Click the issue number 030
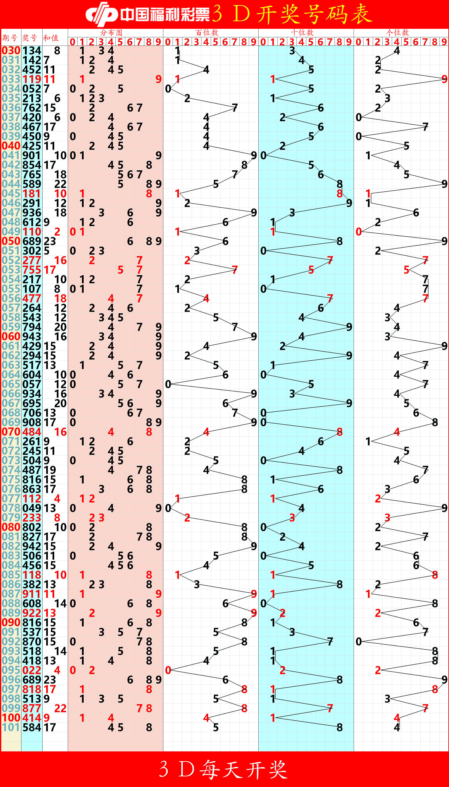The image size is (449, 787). pyautogui.click(x=11, y=51)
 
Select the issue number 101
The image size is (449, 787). pyautogui.click(x=11, y=727)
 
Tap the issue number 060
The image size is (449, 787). pyautogui.click(x=11, y=336)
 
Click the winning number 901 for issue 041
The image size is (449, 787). pyautogui.click(x=32, y=155)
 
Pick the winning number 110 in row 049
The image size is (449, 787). pyautogui.click(x=32, y=232)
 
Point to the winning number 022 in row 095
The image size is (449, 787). pyautogui.click(x=32, y=670)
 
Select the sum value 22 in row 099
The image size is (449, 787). pyautogui.click(x=60, y=708)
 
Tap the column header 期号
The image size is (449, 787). pyautogui.click(x=10, y=38)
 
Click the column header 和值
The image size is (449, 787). pyautogui.click(x=51, y=38)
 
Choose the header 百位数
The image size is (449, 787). pyautogui.click(x=207, y=32)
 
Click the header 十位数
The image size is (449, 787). pyautogui.click(x=302, y=32)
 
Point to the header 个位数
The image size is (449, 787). pyautogui.click(x=398, y=32)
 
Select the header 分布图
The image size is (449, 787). pyautogui.click(x=111, y=32)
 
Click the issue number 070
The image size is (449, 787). pyautogui.click(x=11, y=432)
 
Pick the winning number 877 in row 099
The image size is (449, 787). pyautogui.click(x=32, y=708)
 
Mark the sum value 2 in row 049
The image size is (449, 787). pyautogui.click(x=57, y=232)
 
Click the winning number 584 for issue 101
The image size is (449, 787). pyautogui.click(x=32, y=727)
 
